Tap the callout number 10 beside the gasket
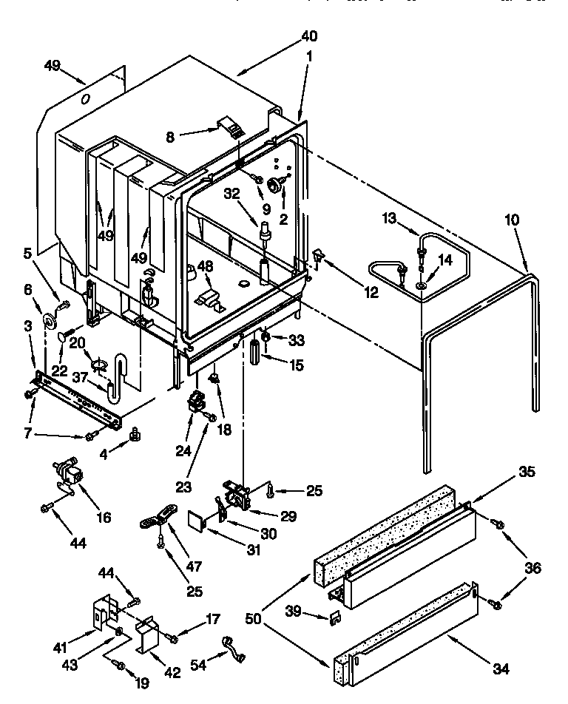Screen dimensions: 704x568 [512, 220]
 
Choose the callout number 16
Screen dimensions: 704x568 [104, 517]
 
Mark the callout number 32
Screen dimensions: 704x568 [232, 194]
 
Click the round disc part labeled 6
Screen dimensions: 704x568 [50, 318]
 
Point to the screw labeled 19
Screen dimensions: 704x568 [118, 663]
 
